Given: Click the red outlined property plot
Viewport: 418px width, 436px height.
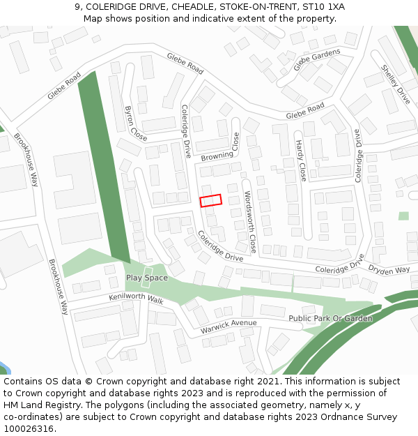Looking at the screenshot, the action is [211, 200].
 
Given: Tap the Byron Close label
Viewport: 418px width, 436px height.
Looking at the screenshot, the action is [134, 123].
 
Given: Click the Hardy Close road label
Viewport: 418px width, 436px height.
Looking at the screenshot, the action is [300, 160].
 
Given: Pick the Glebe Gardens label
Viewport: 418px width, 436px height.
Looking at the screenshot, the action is [317, 59].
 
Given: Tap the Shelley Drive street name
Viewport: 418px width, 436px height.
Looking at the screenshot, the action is [395, 84].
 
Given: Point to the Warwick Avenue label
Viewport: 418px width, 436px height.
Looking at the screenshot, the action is [229, 325].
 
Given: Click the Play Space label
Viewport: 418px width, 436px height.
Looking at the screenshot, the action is [146, 278].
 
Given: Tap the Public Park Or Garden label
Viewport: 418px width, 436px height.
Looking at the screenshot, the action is [330, 319].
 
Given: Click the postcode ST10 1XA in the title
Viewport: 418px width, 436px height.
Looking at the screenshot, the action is [326, 7].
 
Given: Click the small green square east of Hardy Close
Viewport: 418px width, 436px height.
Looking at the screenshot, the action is [403, 216].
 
